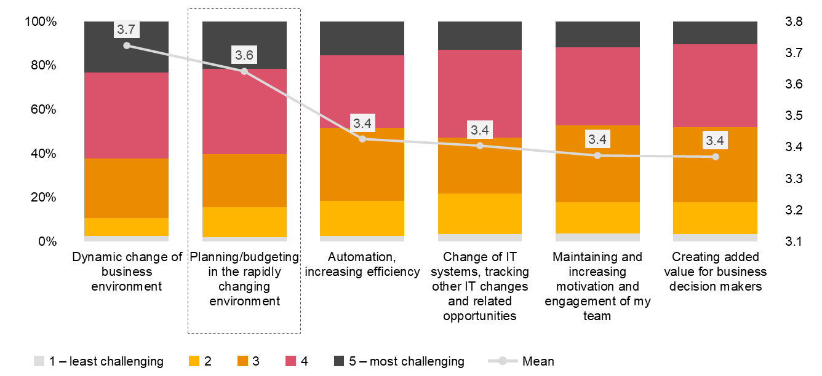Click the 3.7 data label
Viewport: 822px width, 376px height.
click(126, 29)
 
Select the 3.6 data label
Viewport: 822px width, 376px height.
click(244, 55)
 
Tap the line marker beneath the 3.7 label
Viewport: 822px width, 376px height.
click(127, 45)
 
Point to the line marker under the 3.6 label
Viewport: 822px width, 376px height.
click(244, 71)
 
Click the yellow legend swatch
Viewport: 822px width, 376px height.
click(194, 361)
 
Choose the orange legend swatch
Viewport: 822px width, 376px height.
click(242, 361)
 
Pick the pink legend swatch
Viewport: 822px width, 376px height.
click(290, 361)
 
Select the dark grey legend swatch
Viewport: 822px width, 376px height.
click(339, 361)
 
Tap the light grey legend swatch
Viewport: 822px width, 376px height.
click(39, 361)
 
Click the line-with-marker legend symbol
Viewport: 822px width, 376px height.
click(503, 361)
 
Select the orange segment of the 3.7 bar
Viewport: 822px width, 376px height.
click(126, 188)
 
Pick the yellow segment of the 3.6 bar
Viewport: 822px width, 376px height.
click(244, 222)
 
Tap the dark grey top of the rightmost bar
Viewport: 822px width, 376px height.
click(715, 33)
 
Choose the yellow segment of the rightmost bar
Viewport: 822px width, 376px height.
click(715, 217)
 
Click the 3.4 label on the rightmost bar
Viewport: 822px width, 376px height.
click(715, 140)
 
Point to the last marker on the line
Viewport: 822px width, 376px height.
click(716, 157)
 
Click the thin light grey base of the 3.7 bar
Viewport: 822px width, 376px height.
click(126, 238)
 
